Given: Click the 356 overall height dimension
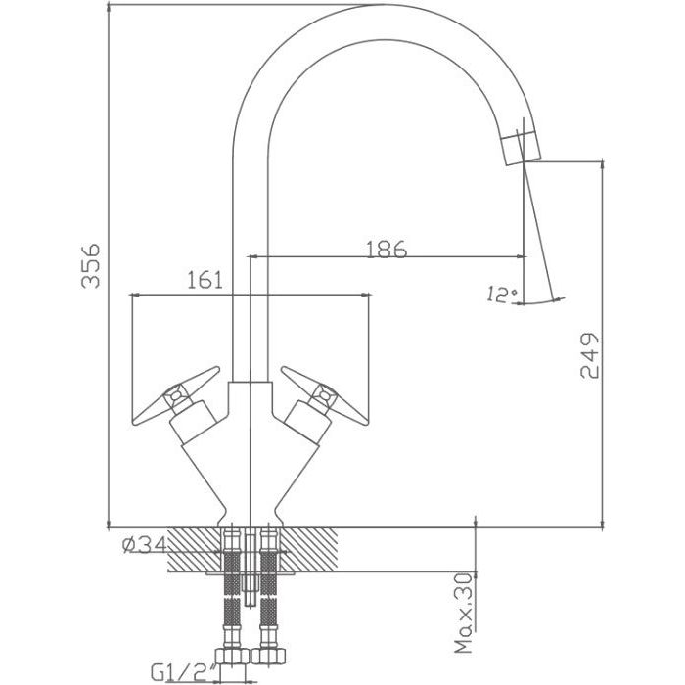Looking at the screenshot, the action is [90, 266].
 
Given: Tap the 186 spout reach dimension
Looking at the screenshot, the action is [387, 249].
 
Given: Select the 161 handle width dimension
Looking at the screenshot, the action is [205, 280].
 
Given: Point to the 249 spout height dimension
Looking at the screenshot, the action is [588, 355].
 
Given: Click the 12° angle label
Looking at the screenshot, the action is [502, 295].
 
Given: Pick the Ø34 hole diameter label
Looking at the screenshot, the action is [145, 545].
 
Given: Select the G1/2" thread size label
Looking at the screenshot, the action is [184, 673].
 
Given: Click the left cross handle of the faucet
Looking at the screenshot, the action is [175, 395].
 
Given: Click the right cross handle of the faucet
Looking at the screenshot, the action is [325, 395].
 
